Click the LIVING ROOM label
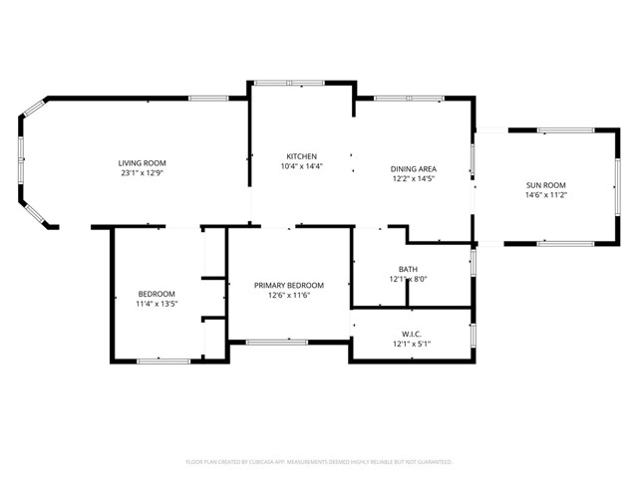click(142, 162)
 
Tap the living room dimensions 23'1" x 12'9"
click(142, 172)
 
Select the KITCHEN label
click(301, 156)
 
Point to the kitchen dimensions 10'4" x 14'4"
click(301, 166)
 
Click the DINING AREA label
click(413, 168)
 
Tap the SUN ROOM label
click(545, 185)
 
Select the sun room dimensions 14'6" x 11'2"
click(545, 195)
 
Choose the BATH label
click(408, 269)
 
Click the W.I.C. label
click(412, 334)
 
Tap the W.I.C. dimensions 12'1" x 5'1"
click(412, 344)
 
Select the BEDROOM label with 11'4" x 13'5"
click(157, 294)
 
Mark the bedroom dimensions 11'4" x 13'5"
click(157, 304)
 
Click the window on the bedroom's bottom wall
click(163, 360)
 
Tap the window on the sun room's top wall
click(566, 129)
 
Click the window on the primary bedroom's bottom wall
click(277, 343)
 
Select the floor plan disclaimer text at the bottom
click(319, 462)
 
